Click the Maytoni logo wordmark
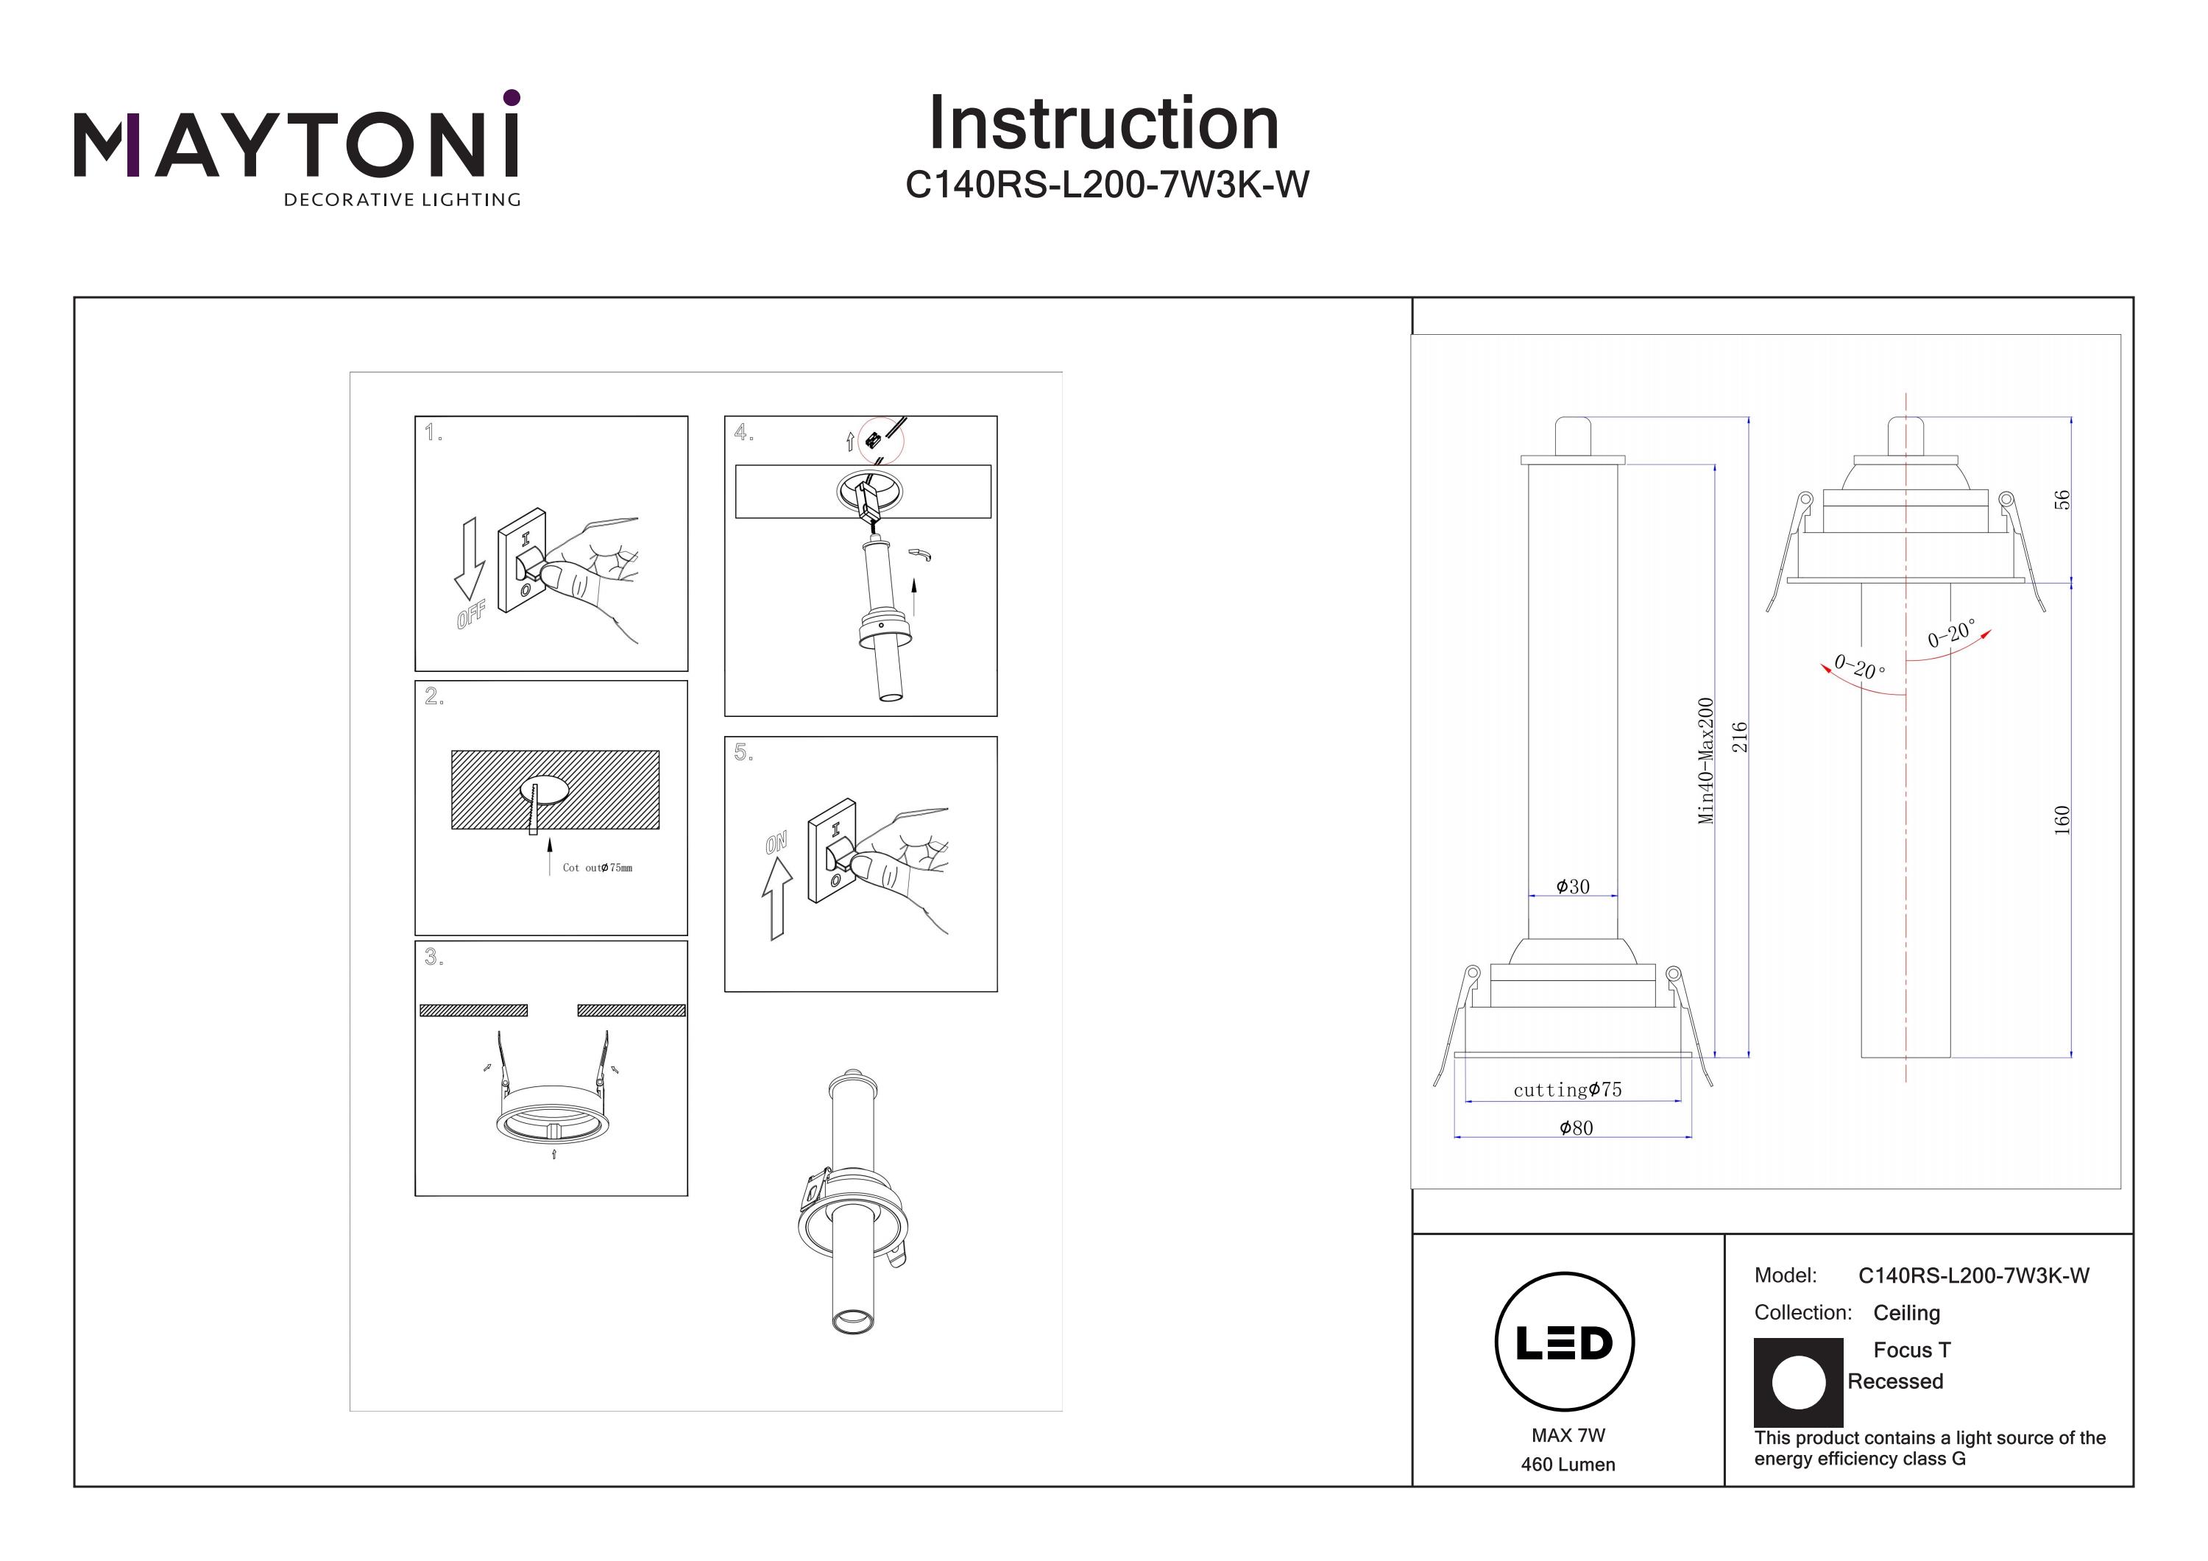pyautogui.click(x=296, y=144)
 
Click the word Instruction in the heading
pyautogui.click(x=1103, y=124)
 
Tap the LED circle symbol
pyautogui.click(x=1565, y=1342)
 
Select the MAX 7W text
pyautogui.click(x=1568, y=1435)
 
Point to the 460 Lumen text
pyautogui.click(x=1568, y=1465)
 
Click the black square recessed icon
pyautogui.click(x=1798, y=1382)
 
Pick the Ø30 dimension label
pyautogui.click(x=1574, y=887)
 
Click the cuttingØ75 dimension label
pyautogui.click(x=1568, y=1090)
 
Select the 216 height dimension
pyautogui.click(x=1738, y=737)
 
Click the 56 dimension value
pyautogui.click(x=2061, y=500)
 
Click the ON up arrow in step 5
pyautogui.click(x=777, y=897)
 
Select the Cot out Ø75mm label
pyautogui.click(x=597, y=868)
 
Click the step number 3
pyautogui.click(x=434, y=957)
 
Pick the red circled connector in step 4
pyautogui.click(x=881, y=441)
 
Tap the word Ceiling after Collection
pyautogui.click(x=1906, y=1313)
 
